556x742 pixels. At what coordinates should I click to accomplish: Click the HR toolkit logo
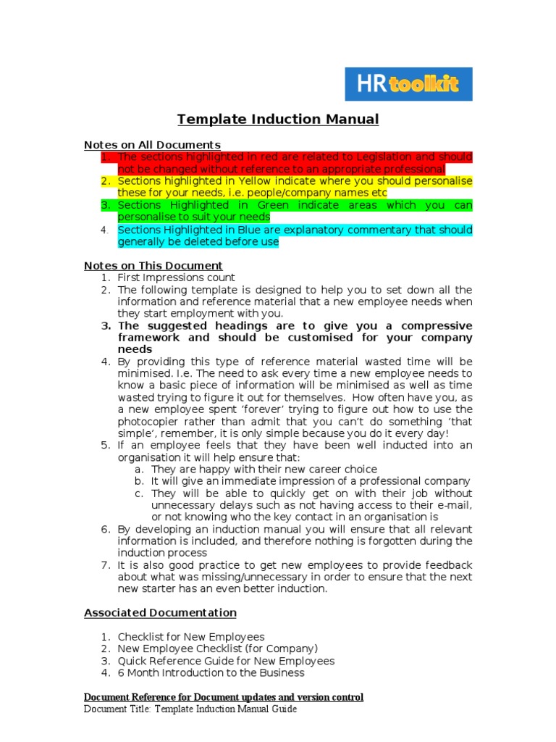tap(408, 84)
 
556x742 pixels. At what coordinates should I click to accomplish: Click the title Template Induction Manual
tap(278, 120)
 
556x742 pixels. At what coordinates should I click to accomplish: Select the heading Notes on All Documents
tap(152, 145)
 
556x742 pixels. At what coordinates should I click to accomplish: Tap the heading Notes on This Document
tap(153, 266)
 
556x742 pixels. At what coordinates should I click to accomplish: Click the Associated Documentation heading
tap(160, 613)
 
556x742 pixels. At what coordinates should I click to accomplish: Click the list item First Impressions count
tap(176, 278)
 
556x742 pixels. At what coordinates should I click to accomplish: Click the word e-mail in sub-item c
tap(455, 505)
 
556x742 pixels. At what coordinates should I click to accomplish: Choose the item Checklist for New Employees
tap(191, 637)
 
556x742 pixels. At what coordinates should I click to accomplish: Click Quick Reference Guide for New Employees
tap(226, 661)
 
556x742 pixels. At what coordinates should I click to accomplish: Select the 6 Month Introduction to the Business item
tap(211, 673)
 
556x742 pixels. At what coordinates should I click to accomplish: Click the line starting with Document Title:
tap(190, 709)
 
